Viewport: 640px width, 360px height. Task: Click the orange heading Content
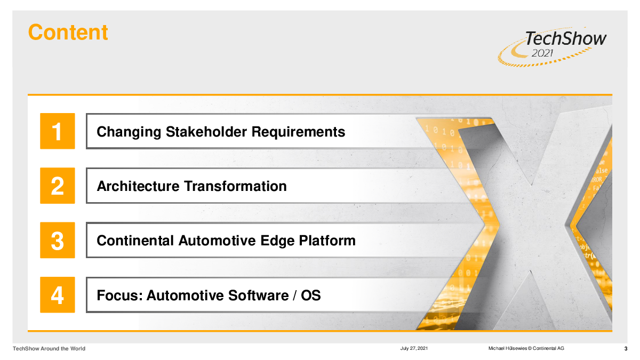click(68, 33)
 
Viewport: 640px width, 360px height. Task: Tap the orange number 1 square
click(58, 131)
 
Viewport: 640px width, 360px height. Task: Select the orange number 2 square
click(58, 186)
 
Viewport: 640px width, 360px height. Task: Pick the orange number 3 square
click(58, 241)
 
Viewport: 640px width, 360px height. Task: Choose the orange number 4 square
click(58, 295)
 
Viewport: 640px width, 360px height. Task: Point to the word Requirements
click(298, 132)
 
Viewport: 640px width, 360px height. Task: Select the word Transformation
click(235, 186)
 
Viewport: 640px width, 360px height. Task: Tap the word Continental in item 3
click(135, 241)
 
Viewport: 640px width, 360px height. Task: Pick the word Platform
click(327, 241)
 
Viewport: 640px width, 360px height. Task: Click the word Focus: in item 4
click(119, 295)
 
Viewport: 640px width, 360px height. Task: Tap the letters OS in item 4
click(311, 295)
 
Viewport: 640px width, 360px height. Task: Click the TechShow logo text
click(565, 38)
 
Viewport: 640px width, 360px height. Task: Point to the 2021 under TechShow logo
click(542, 53)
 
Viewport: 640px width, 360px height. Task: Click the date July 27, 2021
click(414, 348)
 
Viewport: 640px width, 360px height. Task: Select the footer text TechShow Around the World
click(49, 349)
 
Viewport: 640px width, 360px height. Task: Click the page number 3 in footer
click(626, 349)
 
